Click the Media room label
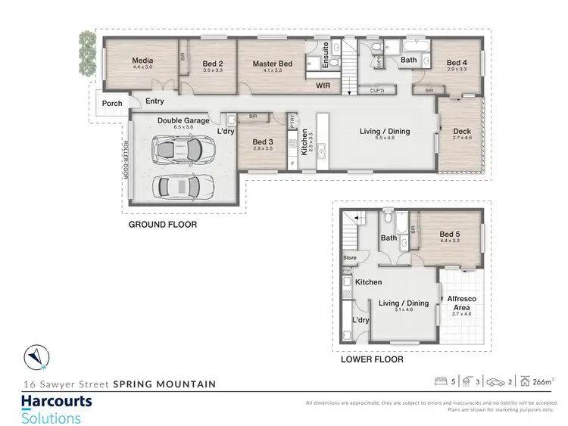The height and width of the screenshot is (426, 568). coord(142,61)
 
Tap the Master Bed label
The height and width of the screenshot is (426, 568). coord(272,64)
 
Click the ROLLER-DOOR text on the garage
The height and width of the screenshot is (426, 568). coord(126,160)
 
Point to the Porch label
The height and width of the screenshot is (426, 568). coord(112,104)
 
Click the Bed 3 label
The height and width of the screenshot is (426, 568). coord(263,141)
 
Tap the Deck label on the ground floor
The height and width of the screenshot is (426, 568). coord(462,132)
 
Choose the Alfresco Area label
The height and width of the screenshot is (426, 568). coord(461,302)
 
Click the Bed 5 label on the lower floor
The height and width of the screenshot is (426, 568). coord(450,235)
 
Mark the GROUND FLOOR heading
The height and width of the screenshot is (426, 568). coord(162,225)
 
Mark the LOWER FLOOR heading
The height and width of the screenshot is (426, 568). coord(372,359)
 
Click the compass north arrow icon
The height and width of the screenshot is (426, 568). coord(35,355)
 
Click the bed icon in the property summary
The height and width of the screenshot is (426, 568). coord(440,381)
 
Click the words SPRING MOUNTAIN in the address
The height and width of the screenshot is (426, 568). coord(164,384)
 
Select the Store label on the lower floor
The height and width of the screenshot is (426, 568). coord(349,258)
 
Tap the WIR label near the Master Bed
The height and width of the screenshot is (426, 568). coord(323,87)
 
